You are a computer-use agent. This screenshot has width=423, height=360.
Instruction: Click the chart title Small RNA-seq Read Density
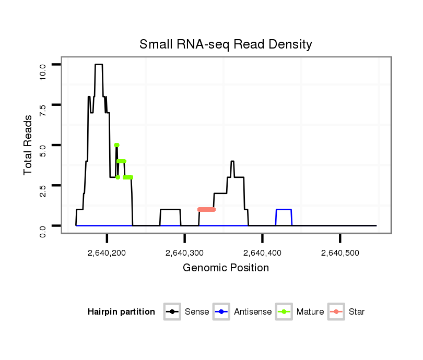[x=226, y=44]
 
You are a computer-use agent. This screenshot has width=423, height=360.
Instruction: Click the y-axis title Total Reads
[x=29, y=145]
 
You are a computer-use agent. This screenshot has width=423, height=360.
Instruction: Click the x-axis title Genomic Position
[x=226, y=268]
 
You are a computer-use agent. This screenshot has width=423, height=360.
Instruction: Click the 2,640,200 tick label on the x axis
[x=107, y=253]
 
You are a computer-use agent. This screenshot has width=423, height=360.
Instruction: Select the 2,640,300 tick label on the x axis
[x=184, y=253]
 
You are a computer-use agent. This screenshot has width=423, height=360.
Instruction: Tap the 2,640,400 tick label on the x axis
[x=262, y=253]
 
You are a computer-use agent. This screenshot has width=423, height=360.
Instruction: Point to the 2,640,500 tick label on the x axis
[x=340, y=253]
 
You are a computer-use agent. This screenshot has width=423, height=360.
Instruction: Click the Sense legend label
[x=197, y=312]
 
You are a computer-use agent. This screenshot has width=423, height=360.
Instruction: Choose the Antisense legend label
[x=253, y=312]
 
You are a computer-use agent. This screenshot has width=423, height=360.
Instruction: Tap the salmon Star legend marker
[x=336, y=312]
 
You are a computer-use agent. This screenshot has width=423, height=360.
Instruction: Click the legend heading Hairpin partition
[x=121, y=312]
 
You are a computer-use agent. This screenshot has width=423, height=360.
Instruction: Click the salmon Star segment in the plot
[x=207, y=210]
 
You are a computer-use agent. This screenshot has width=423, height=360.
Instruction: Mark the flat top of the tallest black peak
[x=99, y=64]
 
